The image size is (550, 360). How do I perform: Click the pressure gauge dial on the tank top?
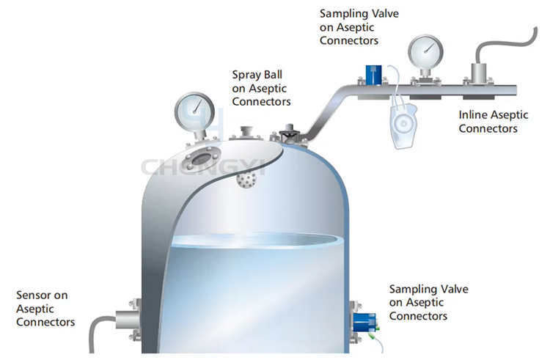(194, 112)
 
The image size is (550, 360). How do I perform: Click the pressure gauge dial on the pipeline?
(425, 52)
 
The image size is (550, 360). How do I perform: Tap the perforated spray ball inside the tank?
(246, 180)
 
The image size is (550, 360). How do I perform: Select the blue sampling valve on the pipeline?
(373, 75)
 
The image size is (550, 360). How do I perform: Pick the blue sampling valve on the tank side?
(364, 323)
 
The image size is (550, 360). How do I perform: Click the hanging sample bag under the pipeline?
(403, 125)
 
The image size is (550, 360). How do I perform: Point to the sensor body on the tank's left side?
(128, 320)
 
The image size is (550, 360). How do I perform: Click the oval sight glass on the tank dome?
(202, 159)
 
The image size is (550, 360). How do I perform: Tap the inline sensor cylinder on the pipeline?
(480, 73)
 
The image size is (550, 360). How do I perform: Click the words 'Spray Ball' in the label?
(257, 75)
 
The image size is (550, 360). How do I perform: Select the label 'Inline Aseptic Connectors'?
(494, 121)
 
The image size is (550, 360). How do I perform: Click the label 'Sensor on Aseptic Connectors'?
(45, 309)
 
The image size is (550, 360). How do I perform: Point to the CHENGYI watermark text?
(203, 167)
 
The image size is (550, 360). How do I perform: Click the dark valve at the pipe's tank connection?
(289, 133)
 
